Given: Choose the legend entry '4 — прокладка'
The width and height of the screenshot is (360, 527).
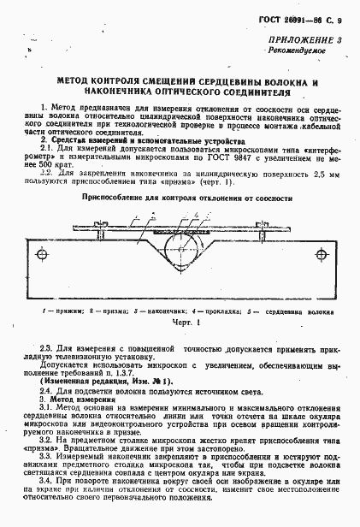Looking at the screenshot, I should pos(210,313).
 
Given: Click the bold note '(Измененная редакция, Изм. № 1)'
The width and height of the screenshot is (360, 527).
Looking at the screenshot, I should pos(103,381).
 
